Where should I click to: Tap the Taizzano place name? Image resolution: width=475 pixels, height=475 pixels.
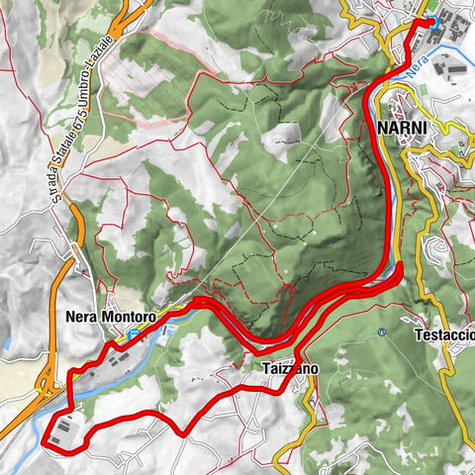click(x=291, y=368)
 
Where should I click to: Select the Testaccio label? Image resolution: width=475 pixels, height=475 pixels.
click(x=446, y=334)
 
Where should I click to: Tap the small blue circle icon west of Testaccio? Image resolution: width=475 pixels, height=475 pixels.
click(x=381, y=332)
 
